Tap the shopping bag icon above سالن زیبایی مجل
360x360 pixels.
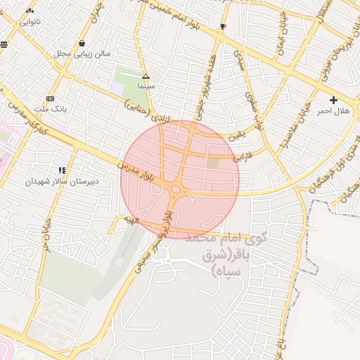pyautogui.click(x=82, y=42)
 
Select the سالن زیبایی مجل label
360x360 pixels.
pyautogui.click(x=82, y=53)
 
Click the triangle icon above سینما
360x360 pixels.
pyautogui.click(x=146, y=75)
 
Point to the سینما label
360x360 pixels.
pyautogui.click(x=146, y=85)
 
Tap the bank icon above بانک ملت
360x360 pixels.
pyautogui.click(x=50, y=98)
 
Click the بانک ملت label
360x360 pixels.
pyautogui.click(x=50, y=110)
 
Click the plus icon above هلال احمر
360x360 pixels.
pyautogui.click(x=333, y=100)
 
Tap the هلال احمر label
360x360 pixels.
pyautogui.click(x=333, y=111)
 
